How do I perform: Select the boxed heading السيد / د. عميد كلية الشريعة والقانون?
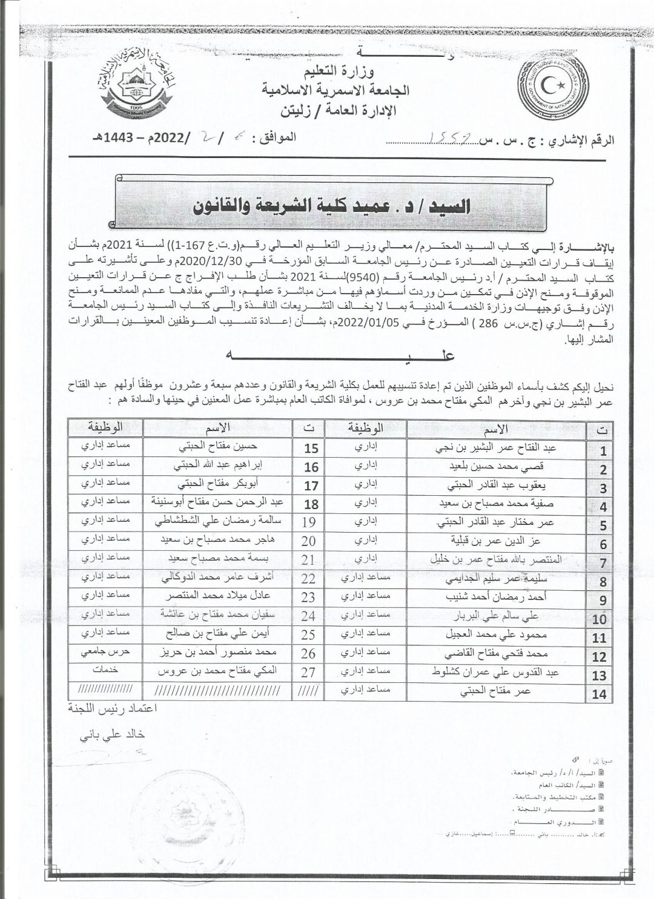tap(331, 206)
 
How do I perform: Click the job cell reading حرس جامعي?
tap(105, 654)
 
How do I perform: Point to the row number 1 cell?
tap(603, 450)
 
